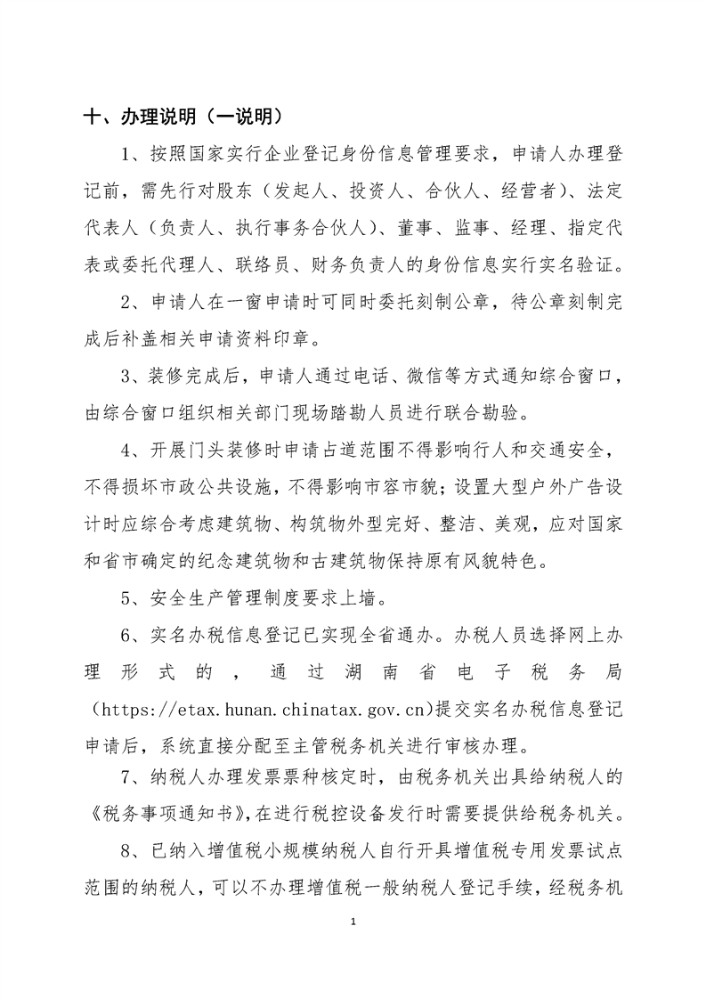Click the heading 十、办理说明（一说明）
tap(183, 117)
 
